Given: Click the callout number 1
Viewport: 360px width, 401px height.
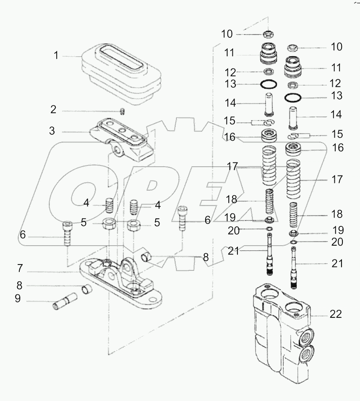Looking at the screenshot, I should click(56, 56).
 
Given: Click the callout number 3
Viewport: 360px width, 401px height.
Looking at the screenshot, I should click(52, 131).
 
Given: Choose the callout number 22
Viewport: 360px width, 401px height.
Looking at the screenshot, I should click(336, 314).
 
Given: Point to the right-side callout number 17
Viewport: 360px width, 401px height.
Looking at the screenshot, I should click(337, 180).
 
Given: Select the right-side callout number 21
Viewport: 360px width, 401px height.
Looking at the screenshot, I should click(337, 264).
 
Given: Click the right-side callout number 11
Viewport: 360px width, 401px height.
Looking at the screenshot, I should click(336, 67).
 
